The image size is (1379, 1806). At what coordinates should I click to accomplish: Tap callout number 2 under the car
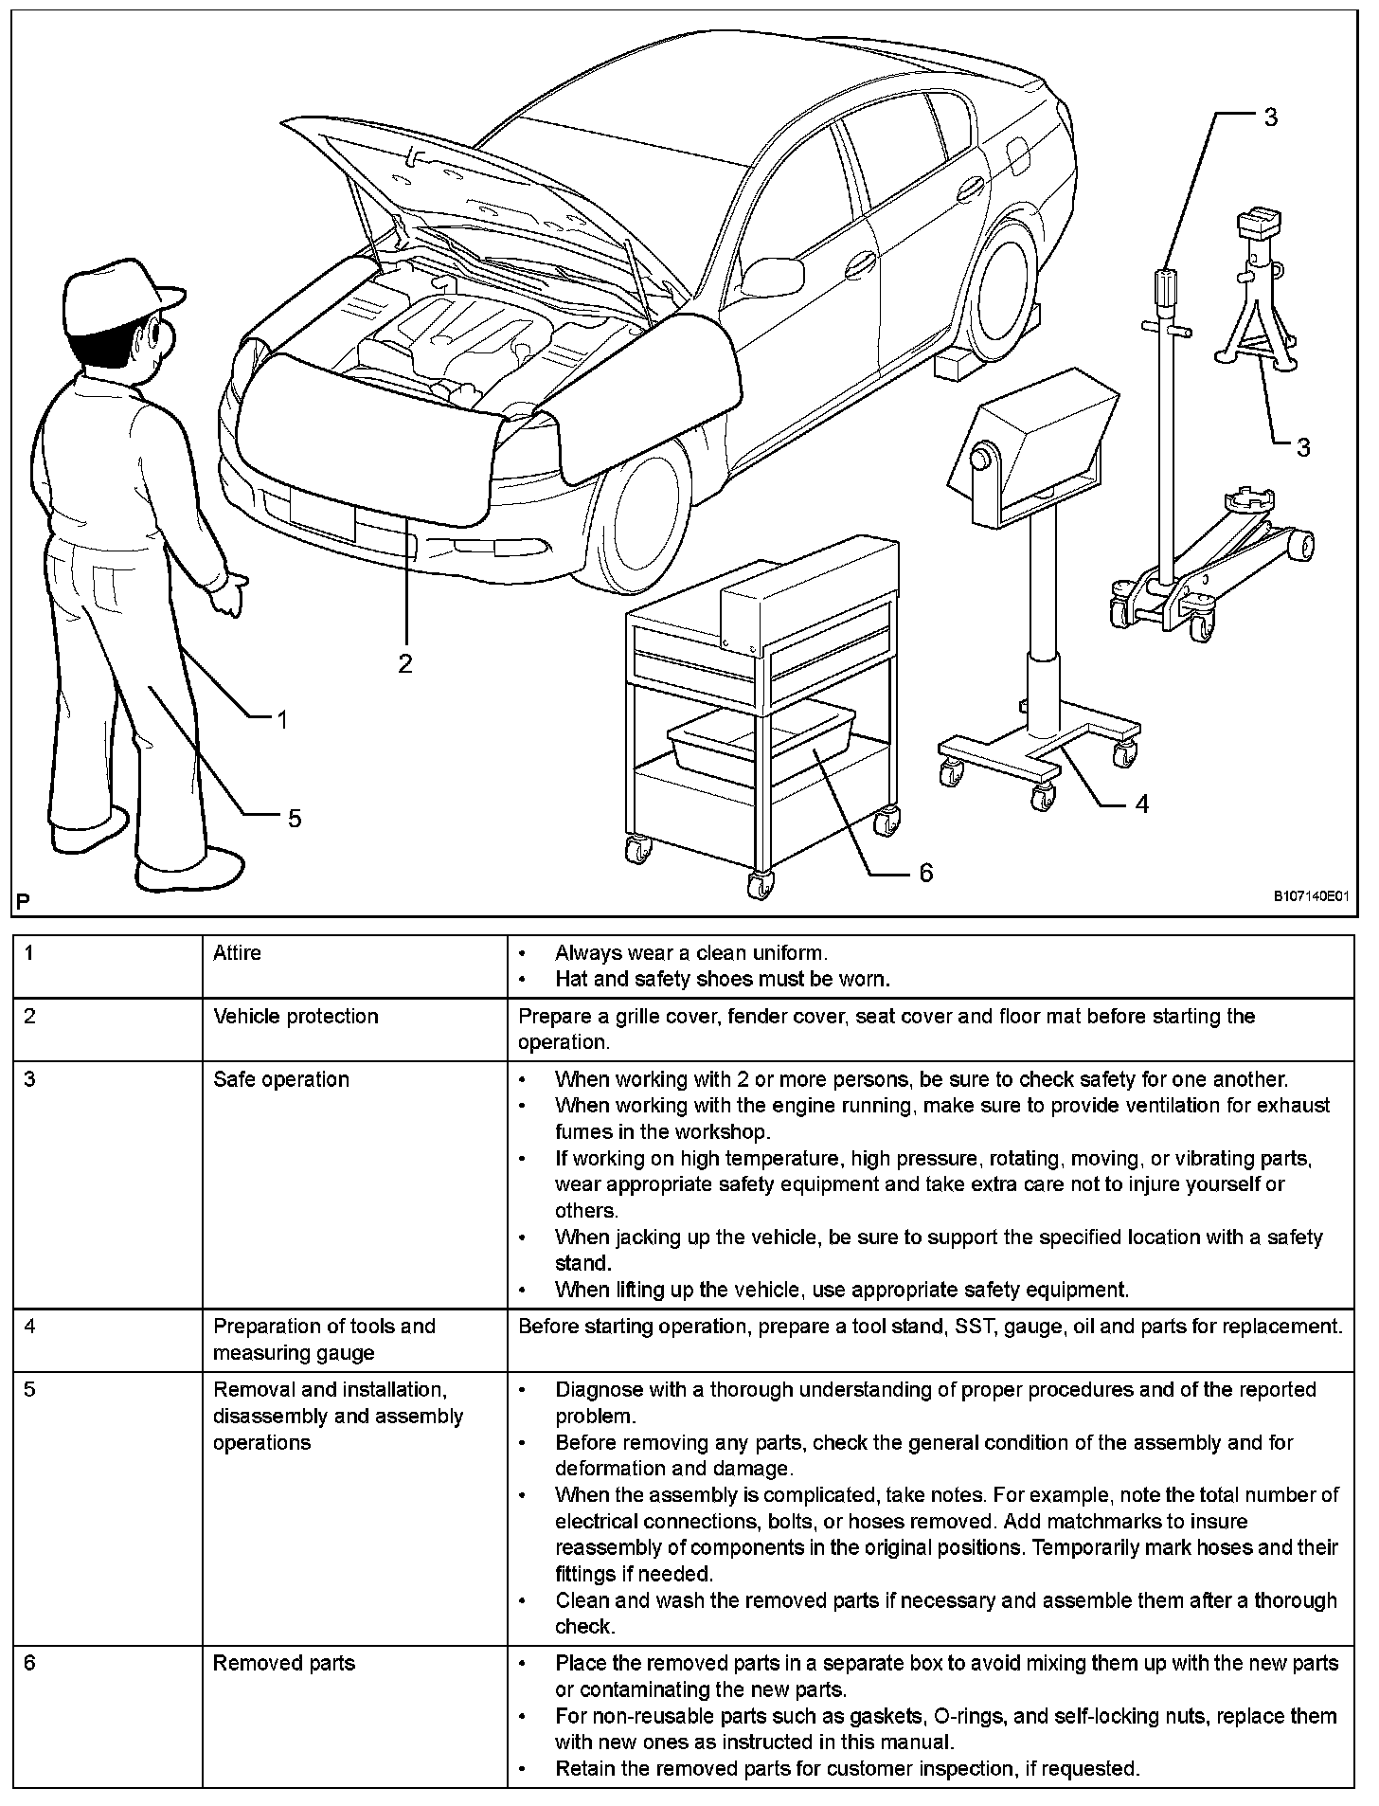click(x=405, y=663)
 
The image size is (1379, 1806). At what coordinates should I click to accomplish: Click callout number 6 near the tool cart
click(x=925, y=872)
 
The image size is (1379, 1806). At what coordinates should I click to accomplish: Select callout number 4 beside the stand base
click(x=1141, y=804)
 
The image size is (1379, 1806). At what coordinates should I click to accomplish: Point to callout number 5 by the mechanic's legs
click(x=295, y=818)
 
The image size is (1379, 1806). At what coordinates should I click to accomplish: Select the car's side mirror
click(x=772, y=275)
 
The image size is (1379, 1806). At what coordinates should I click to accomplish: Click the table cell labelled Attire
click(x=237, y=953)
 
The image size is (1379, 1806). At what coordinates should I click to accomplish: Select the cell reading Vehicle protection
click(x=295, y=1017)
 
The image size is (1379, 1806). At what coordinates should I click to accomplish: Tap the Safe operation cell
click(x=281, y=1079)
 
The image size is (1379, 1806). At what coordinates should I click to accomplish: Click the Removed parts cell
click(x=284, y=1663)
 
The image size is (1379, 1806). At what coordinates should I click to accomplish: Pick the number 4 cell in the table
click(x=29, y=1326)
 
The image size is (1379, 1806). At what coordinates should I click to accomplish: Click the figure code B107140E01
click(x=1309, y=895)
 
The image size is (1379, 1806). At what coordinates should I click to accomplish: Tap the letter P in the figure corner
click(x=22, y=901)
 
